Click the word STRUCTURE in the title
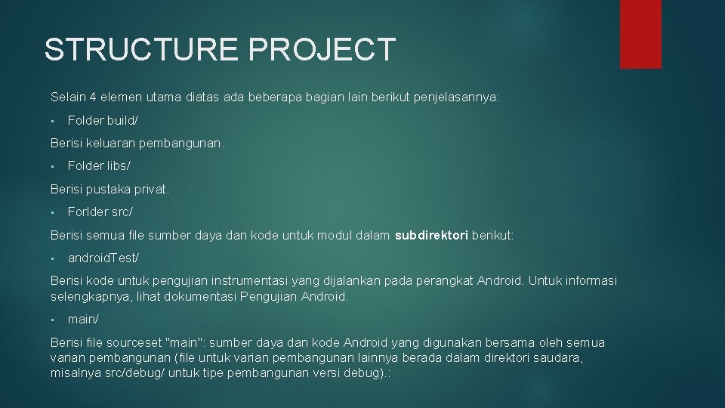click(x=141, y=50)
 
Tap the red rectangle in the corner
click(x=640, y=33)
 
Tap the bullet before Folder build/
click(x=53, y=121)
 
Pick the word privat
click(x=151, y=190)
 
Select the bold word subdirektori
click(x=431, y=236)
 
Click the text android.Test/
click(x=103, y=258)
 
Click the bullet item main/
click(x=83, y=320)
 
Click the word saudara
click(x=559, y=358)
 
